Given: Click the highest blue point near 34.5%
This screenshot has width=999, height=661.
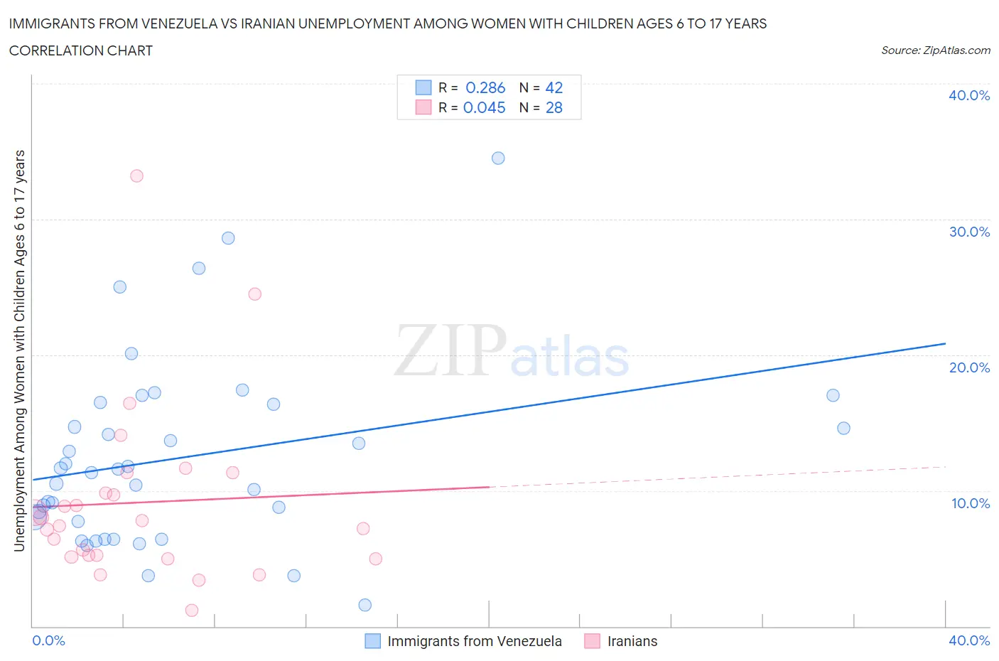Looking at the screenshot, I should pyautogui.click(x=498, y=158).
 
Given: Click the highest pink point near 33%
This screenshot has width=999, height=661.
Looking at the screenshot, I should pyautogui.click(x=136, y=176).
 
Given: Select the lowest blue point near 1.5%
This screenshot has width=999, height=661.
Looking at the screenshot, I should pyautogui.click(x=364, y=605).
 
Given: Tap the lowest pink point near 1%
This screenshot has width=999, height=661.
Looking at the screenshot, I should pyautogui.click(x=191, y=610).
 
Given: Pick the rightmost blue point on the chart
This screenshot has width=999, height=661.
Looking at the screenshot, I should pyautogui.click(x=843, y=428).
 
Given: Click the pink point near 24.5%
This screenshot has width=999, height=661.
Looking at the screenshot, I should pyautogui.click(x=254, y=294).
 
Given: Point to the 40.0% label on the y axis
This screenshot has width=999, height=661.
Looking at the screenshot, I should pyautogui.click(x=969, y=95).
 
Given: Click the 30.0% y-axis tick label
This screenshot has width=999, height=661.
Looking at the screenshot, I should pyautogui.click(x=969, y=232).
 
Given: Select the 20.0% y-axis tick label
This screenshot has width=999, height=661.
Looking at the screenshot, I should pyautogui.click(x=969, y=367).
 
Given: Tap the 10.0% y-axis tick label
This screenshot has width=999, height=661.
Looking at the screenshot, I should pyautogui.click(x=971, y=503).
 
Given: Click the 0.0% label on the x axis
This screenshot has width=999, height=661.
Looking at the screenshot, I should pyautogui.click(x=49, y=640).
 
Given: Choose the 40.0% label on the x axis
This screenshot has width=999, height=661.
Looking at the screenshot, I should pyautogui.click(x=969, y=640).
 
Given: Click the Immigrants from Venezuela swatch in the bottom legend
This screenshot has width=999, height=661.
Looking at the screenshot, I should pyautogui.click(x=373, y=641).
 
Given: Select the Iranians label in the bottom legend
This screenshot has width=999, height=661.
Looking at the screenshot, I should pyautogui.click(x=632, y=641).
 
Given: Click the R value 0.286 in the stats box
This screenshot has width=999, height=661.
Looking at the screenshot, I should pyautogui.click(x=485, y=87).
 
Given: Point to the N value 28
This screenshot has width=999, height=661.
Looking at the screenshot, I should pyautogui.click(x=553, y=107).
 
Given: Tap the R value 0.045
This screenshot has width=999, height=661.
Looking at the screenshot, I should pyautogui.click(x=484, y=107).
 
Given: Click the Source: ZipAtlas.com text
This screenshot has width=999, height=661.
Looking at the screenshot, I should pyautogui.click(x=935, y=50).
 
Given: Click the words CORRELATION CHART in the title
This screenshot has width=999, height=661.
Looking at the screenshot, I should pyautogui.click(x=81, y=50).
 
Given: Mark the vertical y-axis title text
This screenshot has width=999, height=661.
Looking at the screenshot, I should pyautogui.click(x=19, y=350).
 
